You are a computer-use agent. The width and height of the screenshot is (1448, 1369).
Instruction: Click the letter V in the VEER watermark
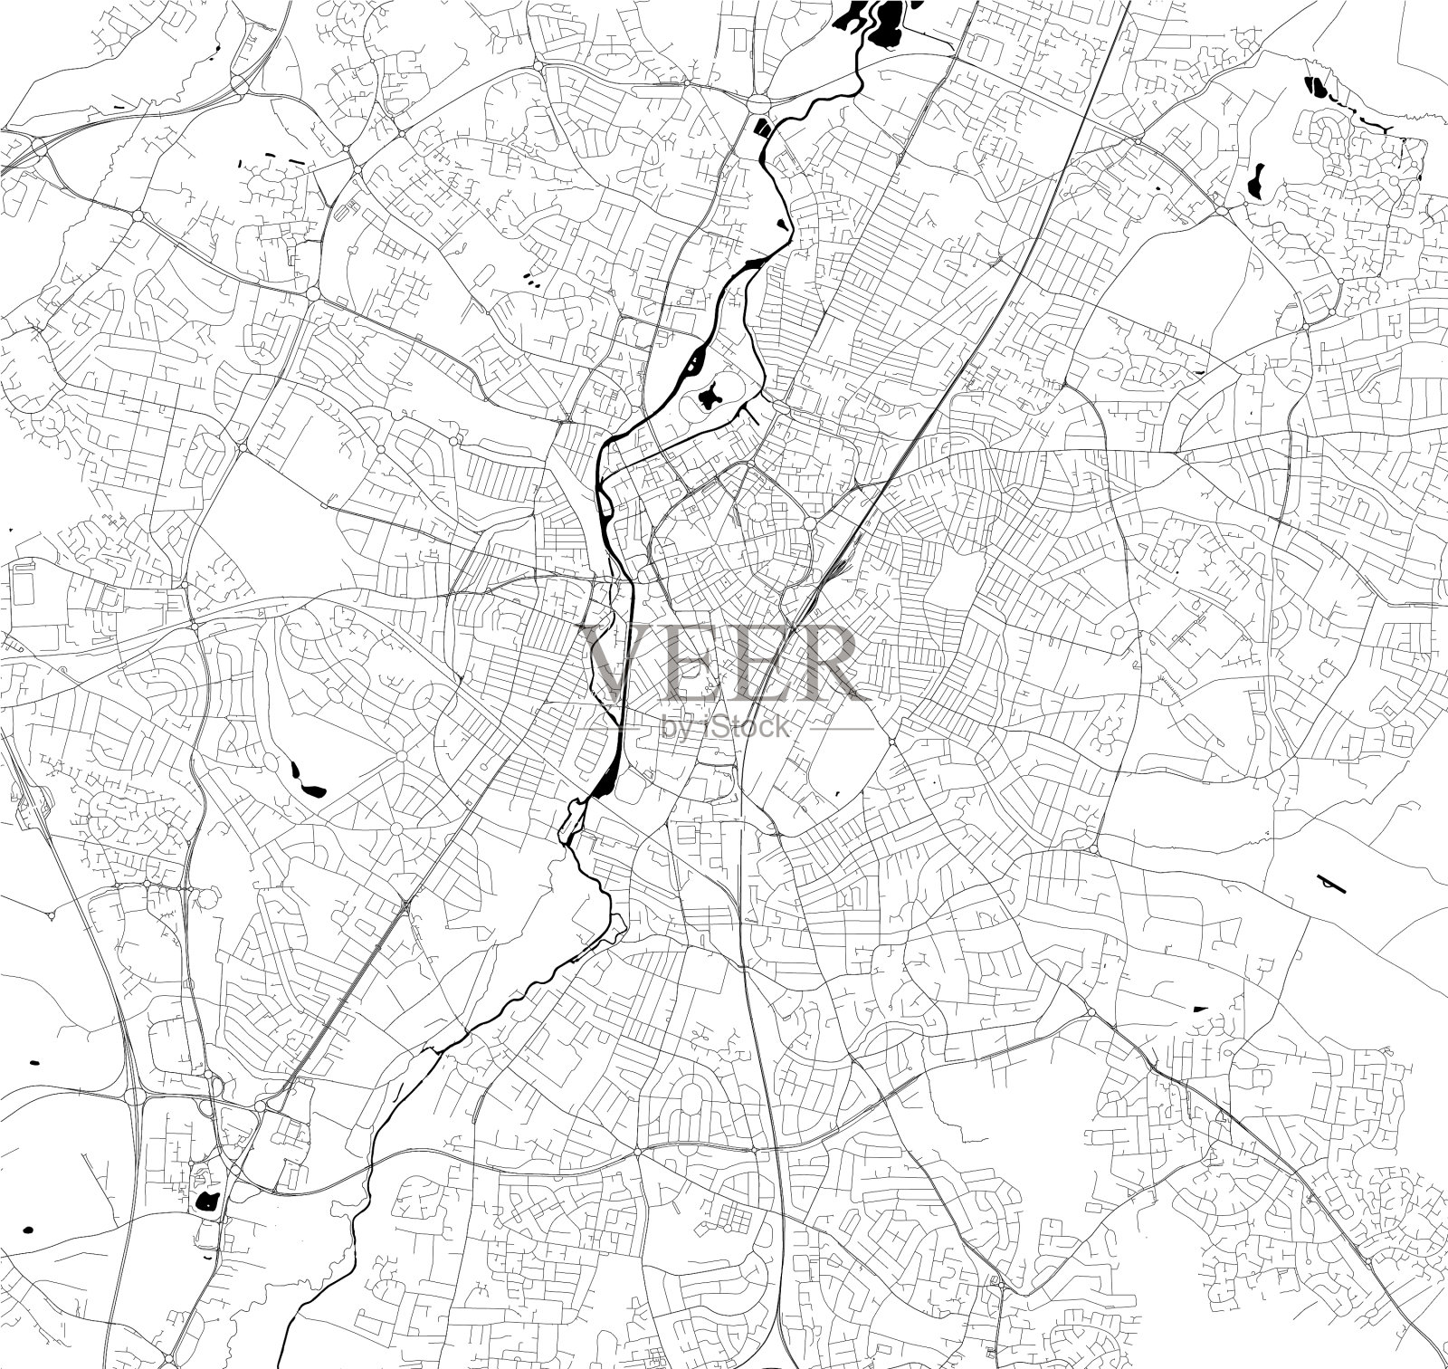(618, 663)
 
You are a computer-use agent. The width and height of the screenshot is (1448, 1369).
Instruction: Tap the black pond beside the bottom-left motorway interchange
(207, 1201)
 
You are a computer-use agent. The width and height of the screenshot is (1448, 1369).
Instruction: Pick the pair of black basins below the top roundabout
(763, 128)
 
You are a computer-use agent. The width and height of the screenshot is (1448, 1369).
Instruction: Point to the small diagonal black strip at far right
(1331, 884)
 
